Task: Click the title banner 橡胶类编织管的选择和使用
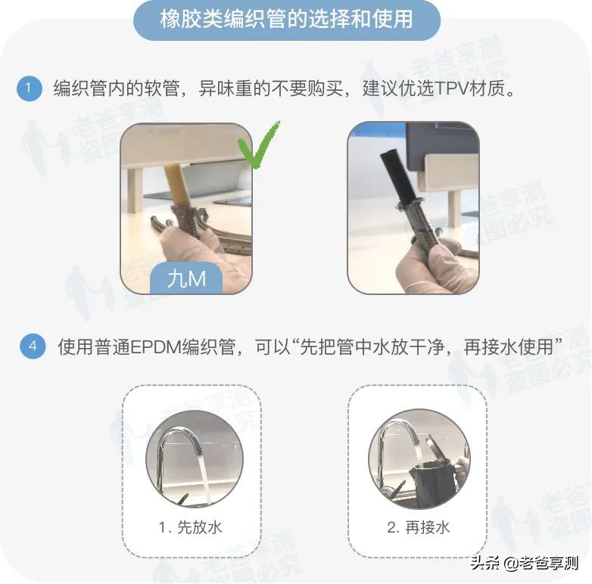pos(287,19)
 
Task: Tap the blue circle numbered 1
pos(29,89)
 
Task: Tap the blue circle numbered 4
pos(33,347)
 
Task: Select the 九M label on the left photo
pos(186,278)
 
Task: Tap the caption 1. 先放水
pos(191,527)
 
